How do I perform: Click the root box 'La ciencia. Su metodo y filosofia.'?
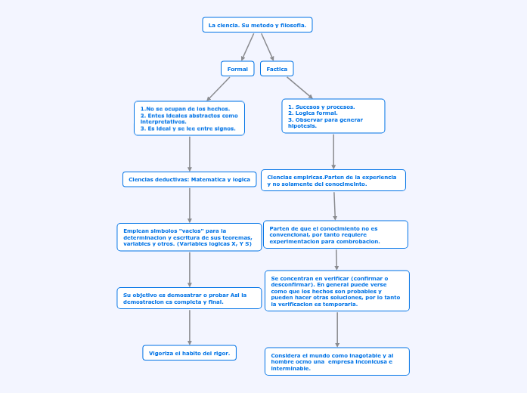tap(257, 25)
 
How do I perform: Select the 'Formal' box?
tap(237, 69)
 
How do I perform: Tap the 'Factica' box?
tap(277, 69)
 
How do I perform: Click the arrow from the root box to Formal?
tap(247, 47)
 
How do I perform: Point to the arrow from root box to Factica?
tap(268, 47)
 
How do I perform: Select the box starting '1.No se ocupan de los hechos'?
tap(189, 119)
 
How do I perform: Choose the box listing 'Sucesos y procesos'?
tap(333, 116)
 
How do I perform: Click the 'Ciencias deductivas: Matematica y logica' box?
tap(189, 179)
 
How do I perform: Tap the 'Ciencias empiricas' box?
tap(333, 180)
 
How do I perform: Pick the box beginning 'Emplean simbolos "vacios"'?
tap(189, 237)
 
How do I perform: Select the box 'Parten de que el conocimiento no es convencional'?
tap(335, 234)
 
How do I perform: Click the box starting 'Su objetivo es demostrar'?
tap(189, 298)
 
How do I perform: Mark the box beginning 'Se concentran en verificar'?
tap(336, 291)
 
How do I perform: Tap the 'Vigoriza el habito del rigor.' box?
tap(189, 353)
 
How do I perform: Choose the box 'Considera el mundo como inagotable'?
tap(336, 361)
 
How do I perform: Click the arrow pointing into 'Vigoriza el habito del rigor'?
tap(189, 326)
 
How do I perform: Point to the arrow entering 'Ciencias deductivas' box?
tap(189, 153)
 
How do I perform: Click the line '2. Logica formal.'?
tap(313, 113)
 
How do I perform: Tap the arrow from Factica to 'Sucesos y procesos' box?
tap(299, 87)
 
